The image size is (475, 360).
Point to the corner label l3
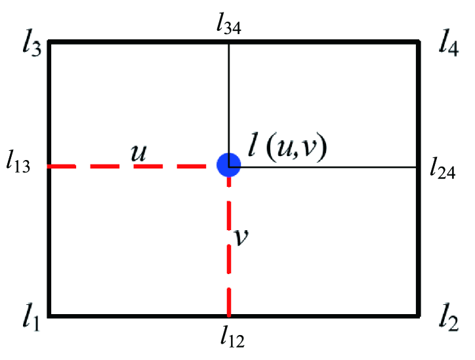(31, 46)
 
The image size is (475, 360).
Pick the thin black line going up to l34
(229, 98)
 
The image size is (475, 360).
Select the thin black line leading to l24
(328, 167)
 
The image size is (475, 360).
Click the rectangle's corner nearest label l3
(50, 43)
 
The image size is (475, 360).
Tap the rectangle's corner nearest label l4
(418, 43)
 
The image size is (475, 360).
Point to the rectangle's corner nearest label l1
(50, 316)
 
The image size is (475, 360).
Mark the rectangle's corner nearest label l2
(418, 316)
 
